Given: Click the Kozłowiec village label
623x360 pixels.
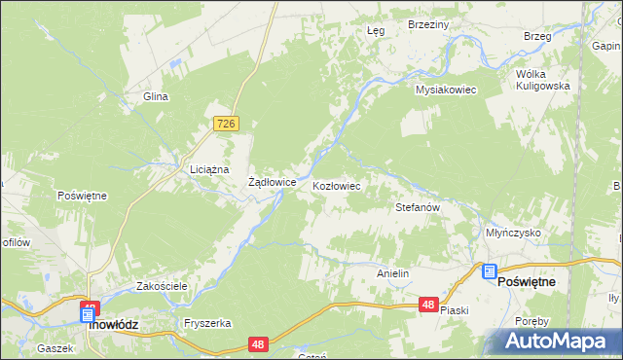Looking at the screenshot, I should tap(337, 185).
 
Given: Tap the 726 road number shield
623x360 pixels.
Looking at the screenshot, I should tap(227, 124).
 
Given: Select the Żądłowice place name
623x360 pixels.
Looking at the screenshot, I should tap(273, 182).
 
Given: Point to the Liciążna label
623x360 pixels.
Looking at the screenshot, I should tap(208, 169).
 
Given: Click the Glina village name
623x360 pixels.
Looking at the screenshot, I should tap(156, 96).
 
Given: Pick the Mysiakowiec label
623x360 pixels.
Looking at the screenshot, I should tap(445, 90).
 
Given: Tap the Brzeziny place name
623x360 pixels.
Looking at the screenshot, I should tap(427, 24).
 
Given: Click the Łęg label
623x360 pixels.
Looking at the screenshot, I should tap(376, 30).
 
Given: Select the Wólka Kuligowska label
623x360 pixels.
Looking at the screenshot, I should tap(542, 79).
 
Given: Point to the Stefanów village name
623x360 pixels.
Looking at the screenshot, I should tap(420, 207).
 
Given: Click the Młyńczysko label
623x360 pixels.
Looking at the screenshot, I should tap(513, 234).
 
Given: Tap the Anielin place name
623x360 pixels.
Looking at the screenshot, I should tap(392, 274).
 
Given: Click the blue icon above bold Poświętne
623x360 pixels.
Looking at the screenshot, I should tap(489, 271).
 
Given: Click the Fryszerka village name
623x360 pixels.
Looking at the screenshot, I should tap(205, 323).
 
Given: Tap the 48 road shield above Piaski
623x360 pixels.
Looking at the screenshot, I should tap(428, 305).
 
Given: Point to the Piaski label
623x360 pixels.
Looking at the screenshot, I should tap(455, 310).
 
